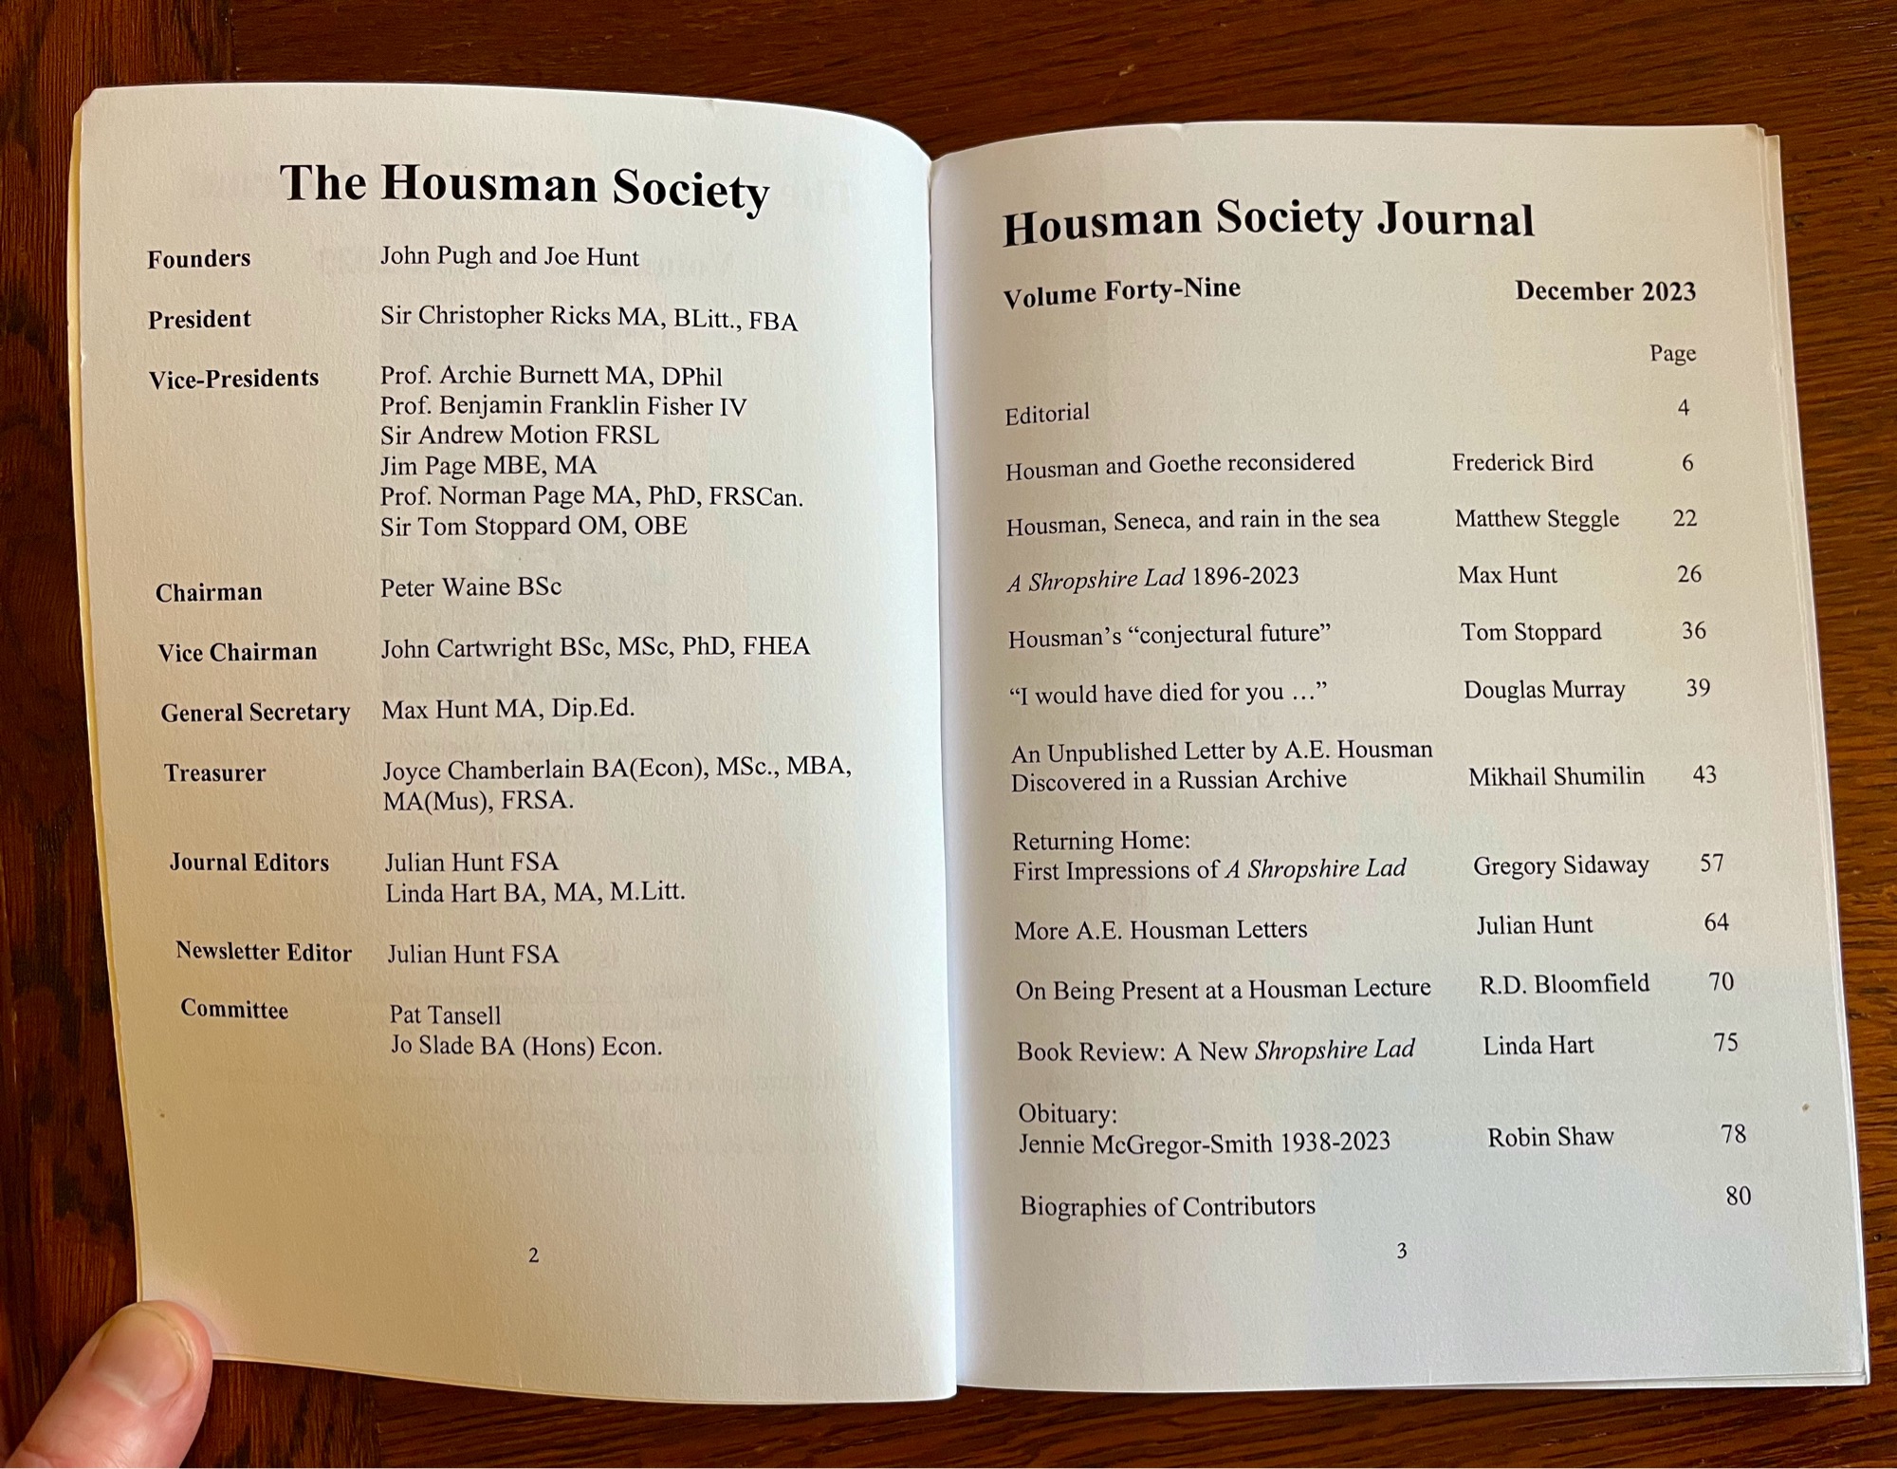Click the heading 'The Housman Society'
[524, 187]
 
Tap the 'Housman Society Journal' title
[1267, 222]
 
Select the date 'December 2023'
[1605, 290]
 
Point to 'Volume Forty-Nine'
[1122, 292]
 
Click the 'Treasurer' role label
[214, 773]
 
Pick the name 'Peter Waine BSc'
[470, 587]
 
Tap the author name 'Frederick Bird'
[1522, 463]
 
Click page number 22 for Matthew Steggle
[1685, 518]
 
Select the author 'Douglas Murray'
[1544, 690]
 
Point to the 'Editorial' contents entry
[1047, 414]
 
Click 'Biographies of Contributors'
[1167, 1206]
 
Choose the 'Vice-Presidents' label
[233, 379]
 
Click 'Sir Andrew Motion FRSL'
[519, 436]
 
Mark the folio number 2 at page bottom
[533, 1255]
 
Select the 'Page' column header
[1672, 353]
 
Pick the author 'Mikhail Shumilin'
[1556, 776]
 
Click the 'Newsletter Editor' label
[263, 952]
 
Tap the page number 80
[1738, 1196]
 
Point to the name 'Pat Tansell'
[445, 1014]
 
